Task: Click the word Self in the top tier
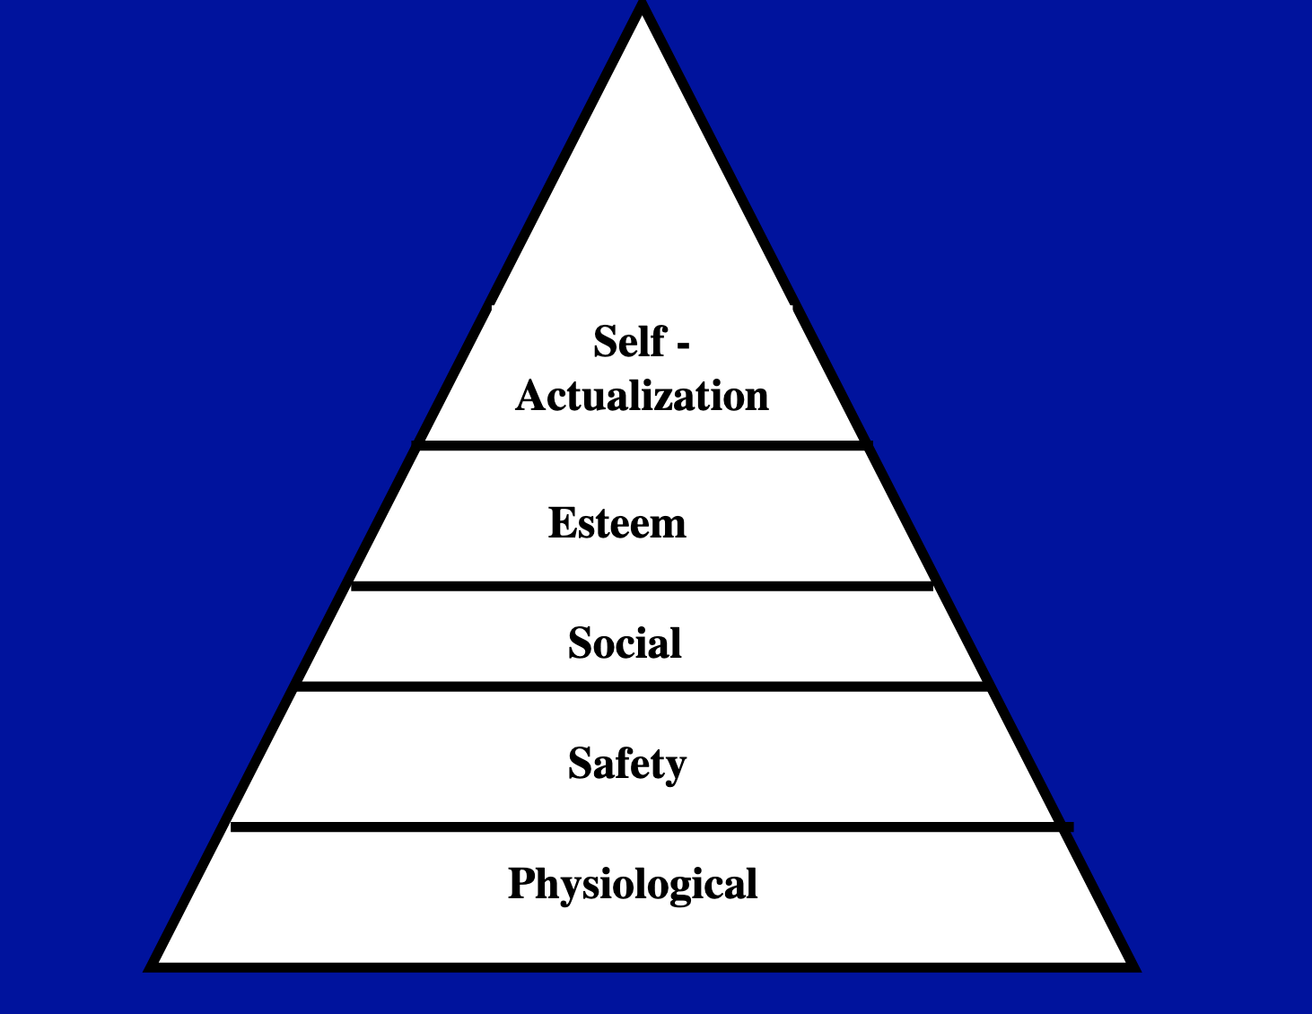630,342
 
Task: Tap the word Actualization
642,396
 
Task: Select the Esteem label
617,522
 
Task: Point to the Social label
625,642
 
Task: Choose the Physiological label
633,885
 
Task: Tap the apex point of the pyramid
643,4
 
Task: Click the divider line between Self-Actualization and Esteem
643,445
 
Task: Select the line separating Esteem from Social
643,586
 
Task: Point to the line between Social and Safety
643,686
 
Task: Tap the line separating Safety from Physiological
652,826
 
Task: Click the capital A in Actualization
530,396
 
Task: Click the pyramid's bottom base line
643,967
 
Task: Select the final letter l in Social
677,642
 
